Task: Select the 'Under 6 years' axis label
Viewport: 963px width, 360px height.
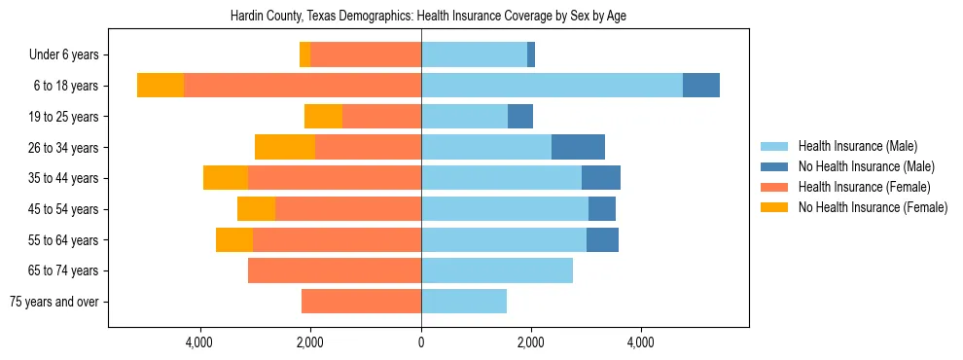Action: point(64,54)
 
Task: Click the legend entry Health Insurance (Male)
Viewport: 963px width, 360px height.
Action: point(857,146)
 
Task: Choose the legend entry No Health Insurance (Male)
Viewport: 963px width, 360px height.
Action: point(866,166)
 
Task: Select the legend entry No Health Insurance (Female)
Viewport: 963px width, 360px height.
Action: point(872,207)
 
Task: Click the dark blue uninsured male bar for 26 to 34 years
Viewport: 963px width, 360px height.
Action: point(578,147)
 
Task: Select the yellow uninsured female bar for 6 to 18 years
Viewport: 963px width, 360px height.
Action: point(160,86)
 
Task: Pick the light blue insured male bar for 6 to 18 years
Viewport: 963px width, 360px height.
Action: point(552,86)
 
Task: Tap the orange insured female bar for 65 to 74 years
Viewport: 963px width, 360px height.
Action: point(335,270)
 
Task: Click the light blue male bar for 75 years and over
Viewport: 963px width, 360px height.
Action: point(464,302)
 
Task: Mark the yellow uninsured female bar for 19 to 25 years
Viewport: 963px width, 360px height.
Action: point(323,117)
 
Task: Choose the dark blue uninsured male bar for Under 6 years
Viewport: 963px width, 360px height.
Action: point(531,54)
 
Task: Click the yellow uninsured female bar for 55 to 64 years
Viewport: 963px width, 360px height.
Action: point(234,239)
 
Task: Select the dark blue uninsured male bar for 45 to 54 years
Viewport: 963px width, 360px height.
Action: point(602,209)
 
